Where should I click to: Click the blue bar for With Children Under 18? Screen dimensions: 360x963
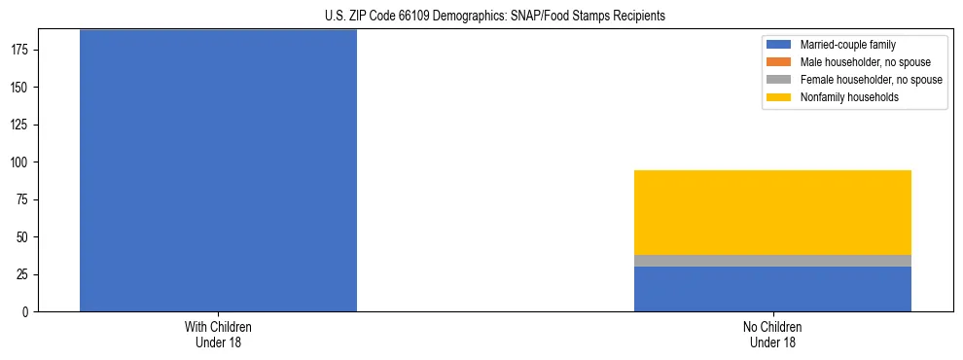pos(218,170)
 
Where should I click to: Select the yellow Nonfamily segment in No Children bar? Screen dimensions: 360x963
pos(772,212)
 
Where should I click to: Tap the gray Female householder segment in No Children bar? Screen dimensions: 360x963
pos(772,261)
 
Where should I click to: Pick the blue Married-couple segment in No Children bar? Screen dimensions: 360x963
pos(772,289)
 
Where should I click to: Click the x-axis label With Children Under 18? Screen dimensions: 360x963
pos(218,335)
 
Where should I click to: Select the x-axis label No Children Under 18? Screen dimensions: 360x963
pos(772,335)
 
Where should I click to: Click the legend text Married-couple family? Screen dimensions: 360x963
pos(847,45)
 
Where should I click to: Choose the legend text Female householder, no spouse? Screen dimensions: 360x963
pos(871,80)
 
